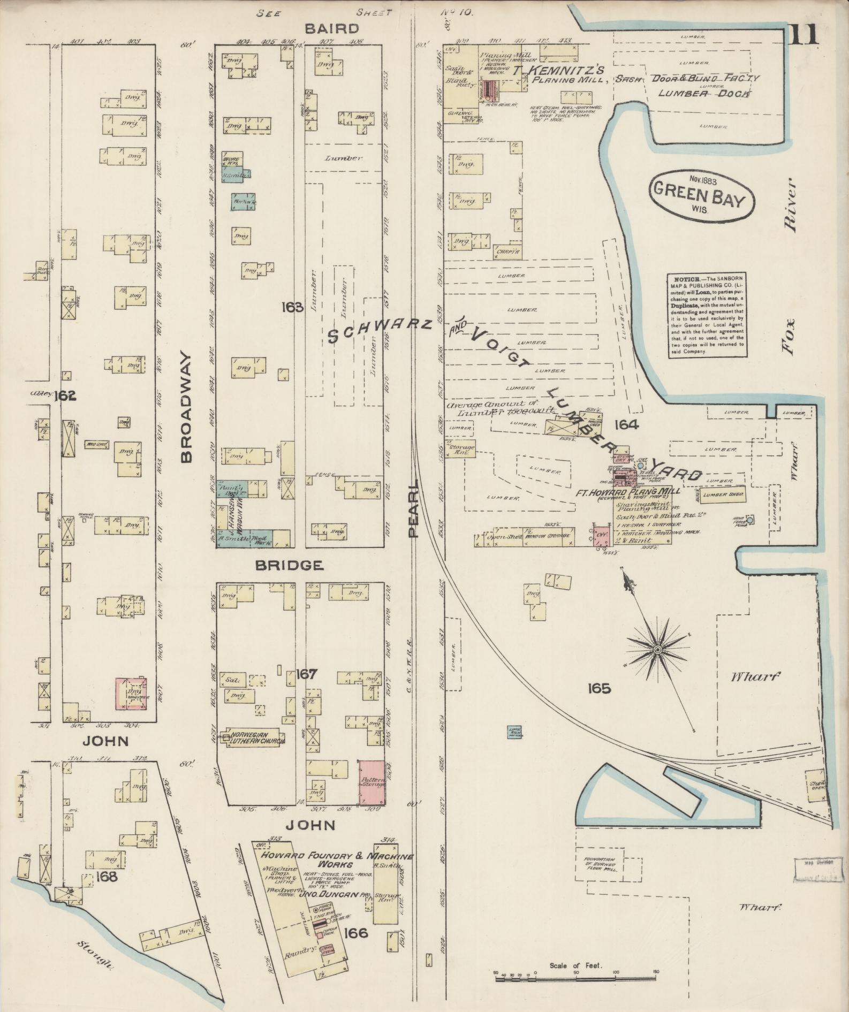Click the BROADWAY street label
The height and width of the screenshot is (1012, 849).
point(185,406)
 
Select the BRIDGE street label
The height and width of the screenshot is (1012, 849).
point(289,565)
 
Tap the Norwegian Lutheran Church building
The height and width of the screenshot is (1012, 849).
point(255,736)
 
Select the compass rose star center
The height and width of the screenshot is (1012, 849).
point(657,649)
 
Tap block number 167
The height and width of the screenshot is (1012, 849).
point(307,674)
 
